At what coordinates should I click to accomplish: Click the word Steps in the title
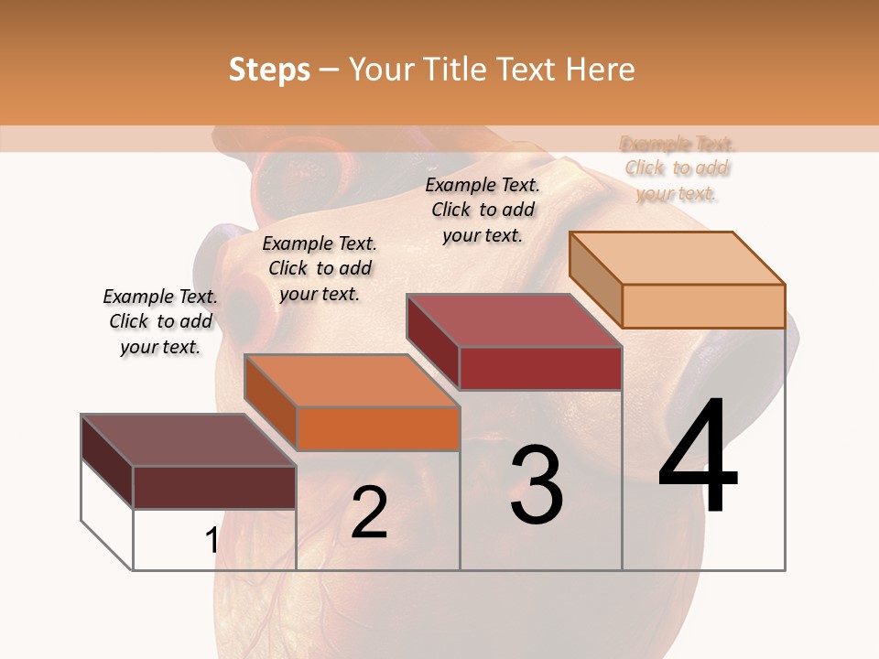coord(269,70)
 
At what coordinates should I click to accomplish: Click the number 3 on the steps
coord(537,485)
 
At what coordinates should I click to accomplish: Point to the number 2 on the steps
coord(369,513)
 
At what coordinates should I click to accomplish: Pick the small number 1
coord(212,540)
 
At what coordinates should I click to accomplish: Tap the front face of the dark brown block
coord(214,487)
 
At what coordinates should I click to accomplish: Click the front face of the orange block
coord(378,428)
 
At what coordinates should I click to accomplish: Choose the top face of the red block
coord(514,320)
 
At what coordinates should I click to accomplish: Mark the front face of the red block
coord(540,368)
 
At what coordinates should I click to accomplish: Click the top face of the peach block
coord(677,257)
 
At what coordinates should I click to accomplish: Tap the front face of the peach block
coord(703,306)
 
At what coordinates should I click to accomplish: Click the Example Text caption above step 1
coord(160,321)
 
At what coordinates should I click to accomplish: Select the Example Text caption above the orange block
coord(320,268)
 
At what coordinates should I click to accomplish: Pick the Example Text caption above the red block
coord(483,210)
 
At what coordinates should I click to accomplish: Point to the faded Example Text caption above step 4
coord(677,168)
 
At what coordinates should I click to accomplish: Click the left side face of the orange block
coord(271,402)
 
